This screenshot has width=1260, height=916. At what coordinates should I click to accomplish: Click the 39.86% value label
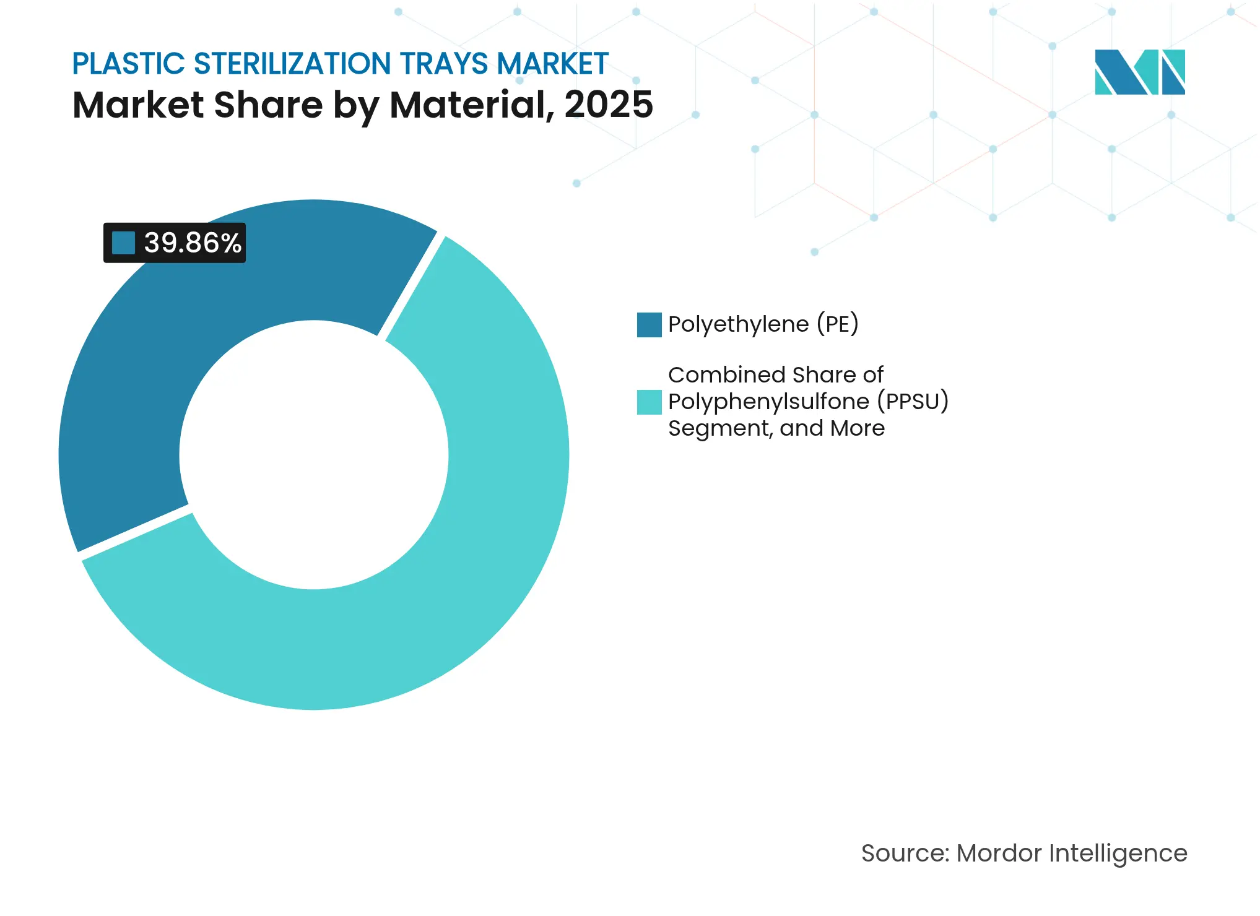point(192,243)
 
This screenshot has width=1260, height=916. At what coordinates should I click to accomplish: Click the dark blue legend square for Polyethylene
point(649,325)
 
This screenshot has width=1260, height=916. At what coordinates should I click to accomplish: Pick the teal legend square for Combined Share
point(649,402)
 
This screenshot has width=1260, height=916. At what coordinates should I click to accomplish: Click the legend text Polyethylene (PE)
point(763,324)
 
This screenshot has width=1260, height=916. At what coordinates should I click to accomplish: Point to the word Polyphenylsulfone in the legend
point(768,402)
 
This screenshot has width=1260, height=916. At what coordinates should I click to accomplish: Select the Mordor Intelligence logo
point(1139,72)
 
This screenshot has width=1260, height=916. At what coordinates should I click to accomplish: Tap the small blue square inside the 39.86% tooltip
point(123,243)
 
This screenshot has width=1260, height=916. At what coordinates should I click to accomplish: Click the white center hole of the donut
point(314,455)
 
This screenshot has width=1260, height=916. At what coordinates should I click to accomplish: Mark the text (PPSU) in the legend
point(913,402)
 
